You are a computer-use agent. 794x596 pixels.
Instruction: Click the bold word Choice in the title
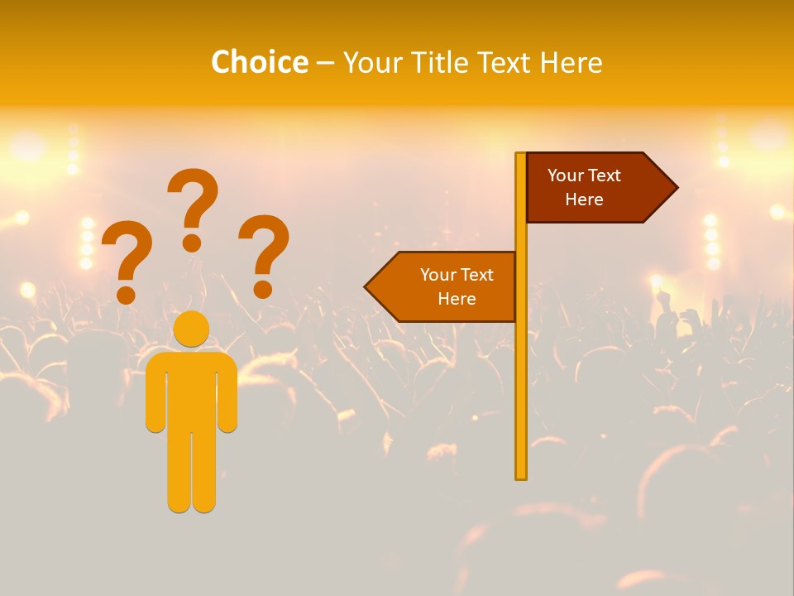pyautogui.click(x=259, y=62)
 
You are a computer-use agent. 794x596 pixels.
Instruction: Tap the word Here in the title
pyautogui.click(x=571, y=62)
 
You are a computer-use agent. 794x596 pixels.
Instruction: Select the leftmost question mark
pyautogui.click(x=127, y=261)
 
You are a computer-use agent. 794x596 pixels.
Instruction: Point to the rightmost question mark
pyautogui.click(x=264, y=255)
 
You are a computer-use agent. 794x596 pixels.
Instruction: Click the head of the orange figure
pyautogui.click(x=192, y=328)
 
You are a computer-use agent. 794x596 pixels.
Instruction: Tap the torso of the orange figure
pyautogui.click(x=192, y=389)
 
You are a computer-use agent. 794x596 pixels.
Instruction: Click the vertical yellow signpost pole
pyautogui.click(x=521, y=372)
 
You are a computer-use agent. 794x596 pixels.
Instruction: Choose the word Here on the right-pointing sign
pyautogui.click(x=584, y=199)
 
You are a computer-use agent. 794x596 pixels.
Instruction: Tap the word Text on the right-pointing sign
pyautogui.click(x=605, y=175)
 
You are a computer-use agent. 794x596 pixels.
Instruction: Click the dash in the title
pyautogui.click(x=325, y=63)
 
